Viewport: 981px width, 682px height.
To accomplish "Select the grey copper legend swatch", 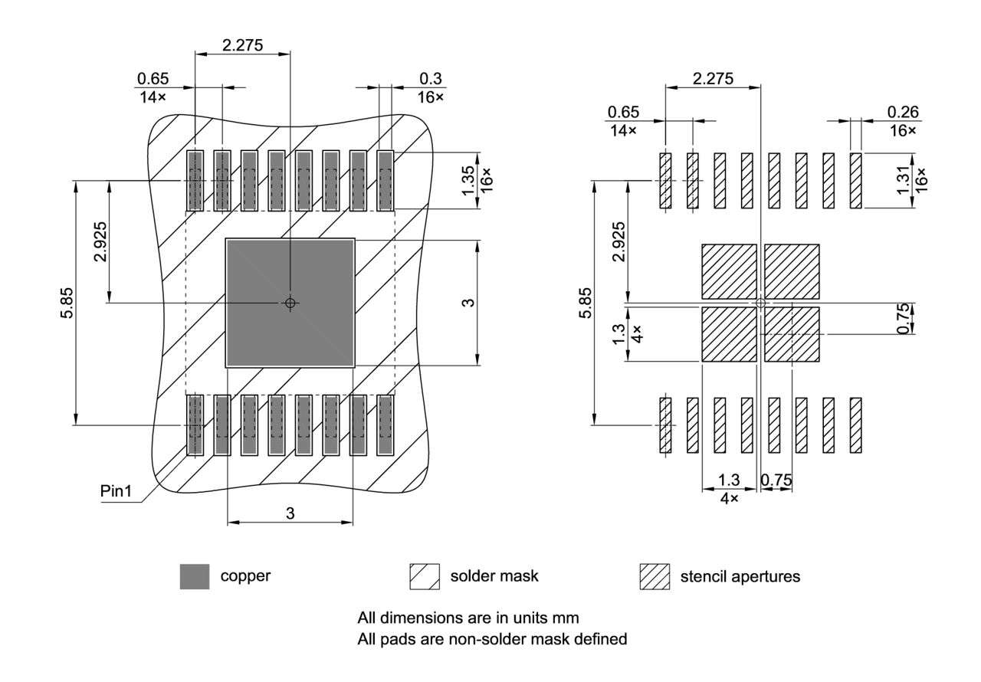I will [x=195, y=577].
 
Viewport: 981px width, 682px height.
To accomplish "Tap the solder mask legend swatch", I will [x=425, y=577].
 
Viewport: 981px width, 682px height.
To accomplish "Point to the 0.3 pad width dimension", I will [x=431, y=79].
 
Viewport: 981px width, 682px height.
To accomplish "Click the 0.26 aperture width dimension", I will [x=902, y=112].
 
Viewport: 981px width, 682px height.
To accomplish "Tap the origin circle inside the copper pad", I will [x=290, y=303].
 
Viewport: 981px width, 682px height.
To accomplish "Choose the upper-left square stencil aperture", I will [x=729, y=271].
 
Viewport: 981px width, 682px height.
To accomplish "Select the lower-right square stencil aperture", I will [x=792, y=334].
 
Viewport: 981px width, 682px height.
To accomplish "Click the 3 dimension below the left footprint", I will [x=290, y=513].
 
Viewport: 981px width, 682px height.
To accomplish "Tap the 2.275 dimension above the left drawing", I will [x=242, y=45].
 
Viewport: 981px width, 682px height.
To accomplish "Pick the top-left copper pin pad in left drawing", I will [x=195, y=180].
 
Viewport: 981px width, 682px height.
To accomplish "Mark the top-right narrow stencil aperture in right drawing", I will [x=855, y=180].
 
